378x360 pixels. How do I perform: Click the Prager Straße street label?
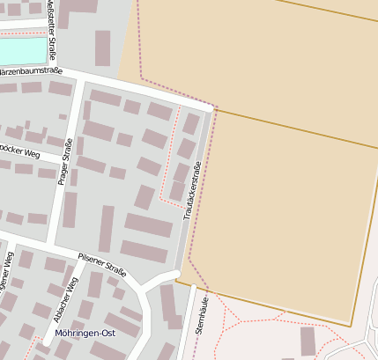tap(63, 166)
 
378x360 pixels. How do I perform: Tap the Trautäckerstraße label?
tap(192, 190)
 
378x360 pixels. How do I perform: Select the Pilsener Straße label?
tap(103, 262)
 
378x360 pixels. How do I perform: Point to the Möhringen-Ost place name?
tap(85, 334)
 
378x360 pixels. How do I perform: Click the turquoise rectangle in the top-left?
tap(22, 50)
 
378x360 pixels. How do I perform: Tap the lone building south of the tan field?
tap(308, 341)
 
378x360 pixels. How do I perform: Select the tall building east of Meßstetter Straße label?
tap(103, 48)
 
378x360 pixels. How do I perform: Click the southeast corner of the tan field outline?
tap(351, 327)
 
